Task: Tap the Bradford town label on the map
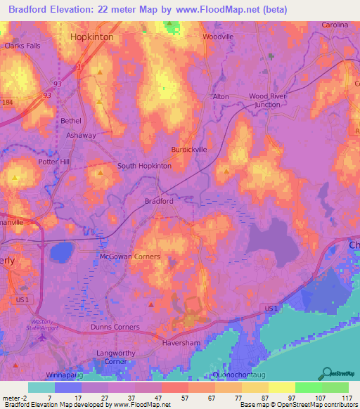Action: pos(159,201)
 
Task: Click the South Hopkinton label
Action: pos(144,166)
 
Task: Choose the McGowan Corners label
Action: pos(129,257)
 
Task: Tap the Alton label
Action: pos(221,96)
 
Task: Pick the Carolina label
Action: pos(335,25)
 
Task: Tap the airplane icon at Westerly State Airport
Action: pos(45,336)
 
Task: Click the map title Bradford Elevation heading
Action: pos(180,9)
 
